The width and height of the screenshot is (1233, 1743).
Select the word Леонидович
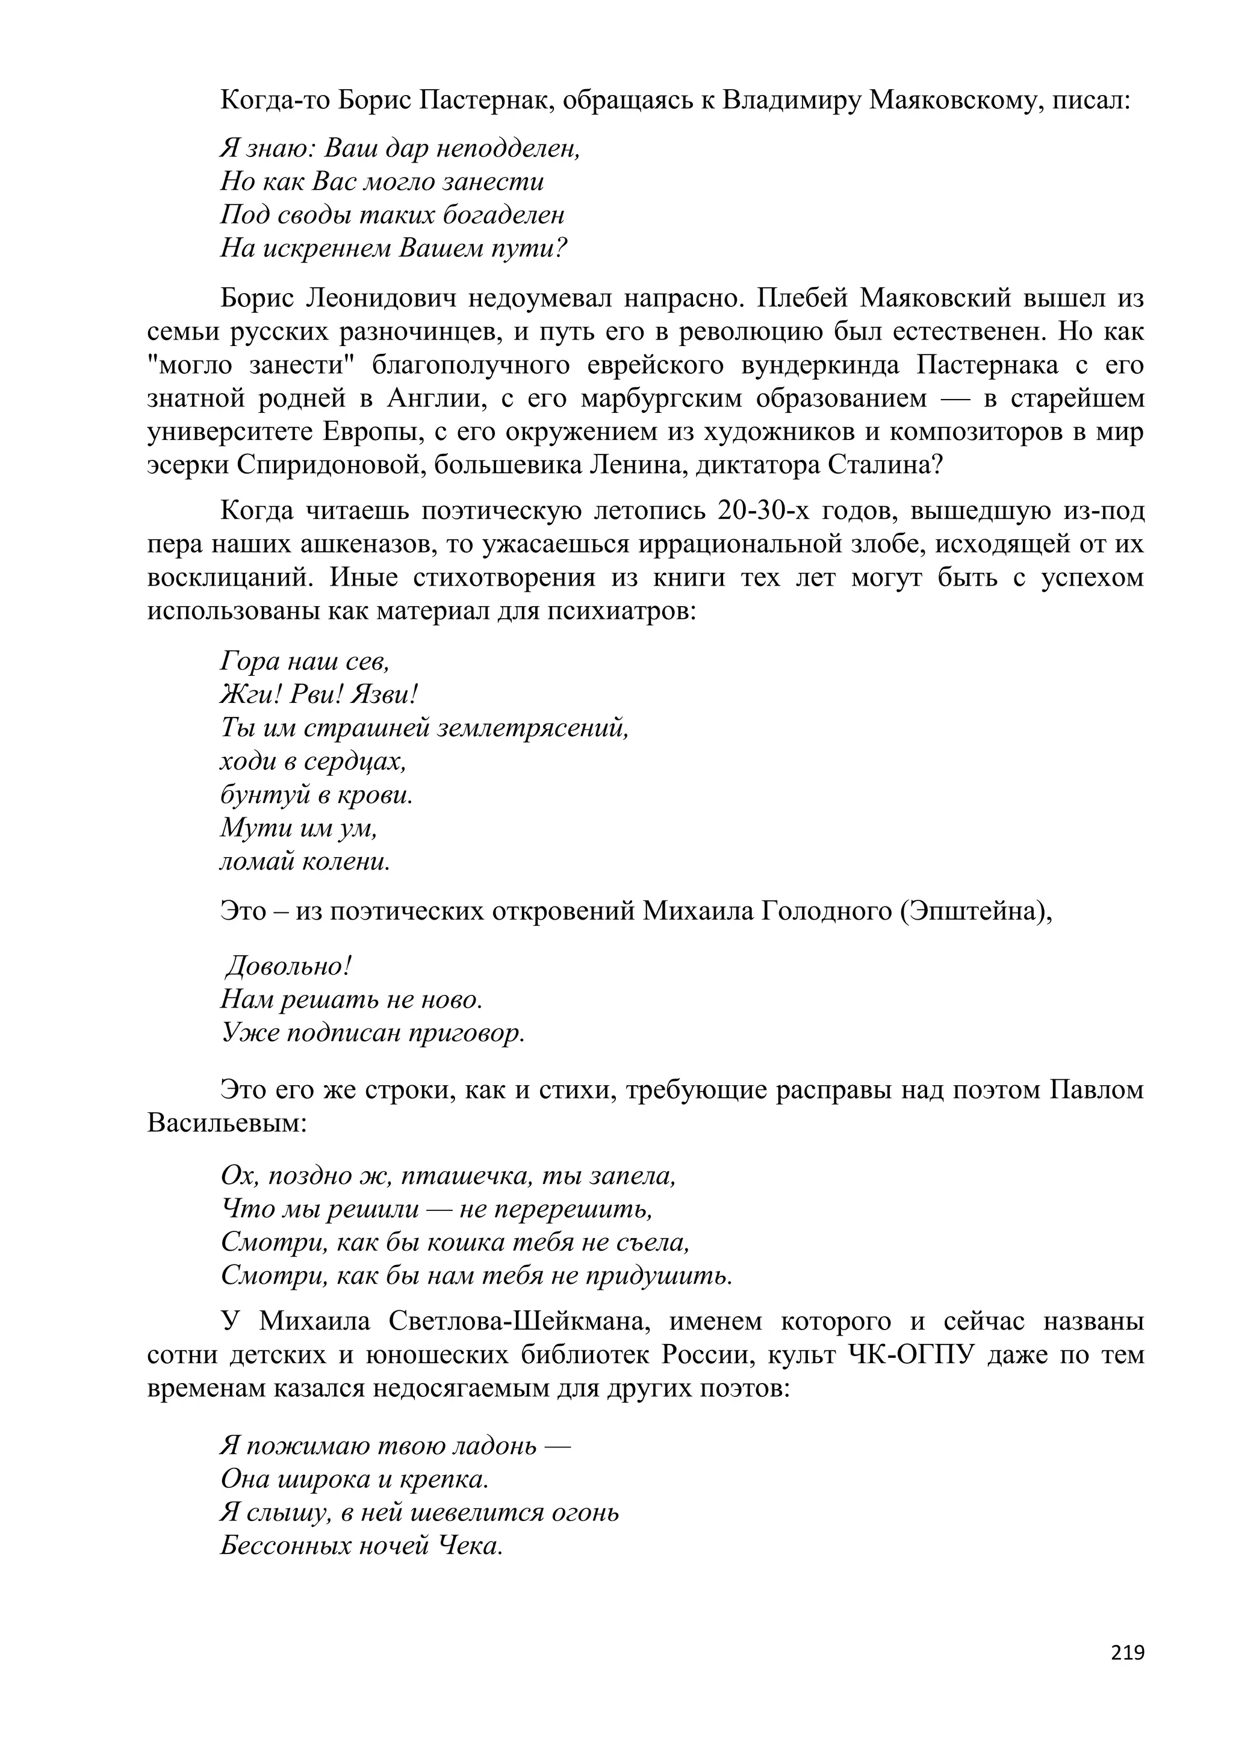pos(381,299)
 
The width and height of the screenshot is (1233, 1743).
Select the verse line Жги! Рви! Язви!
pos(320,695)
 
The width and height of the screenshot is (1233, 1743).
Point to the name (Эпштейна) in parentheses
pos(975,910)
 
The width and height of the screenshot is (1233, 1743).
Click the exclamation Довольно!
pos(289,967)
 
